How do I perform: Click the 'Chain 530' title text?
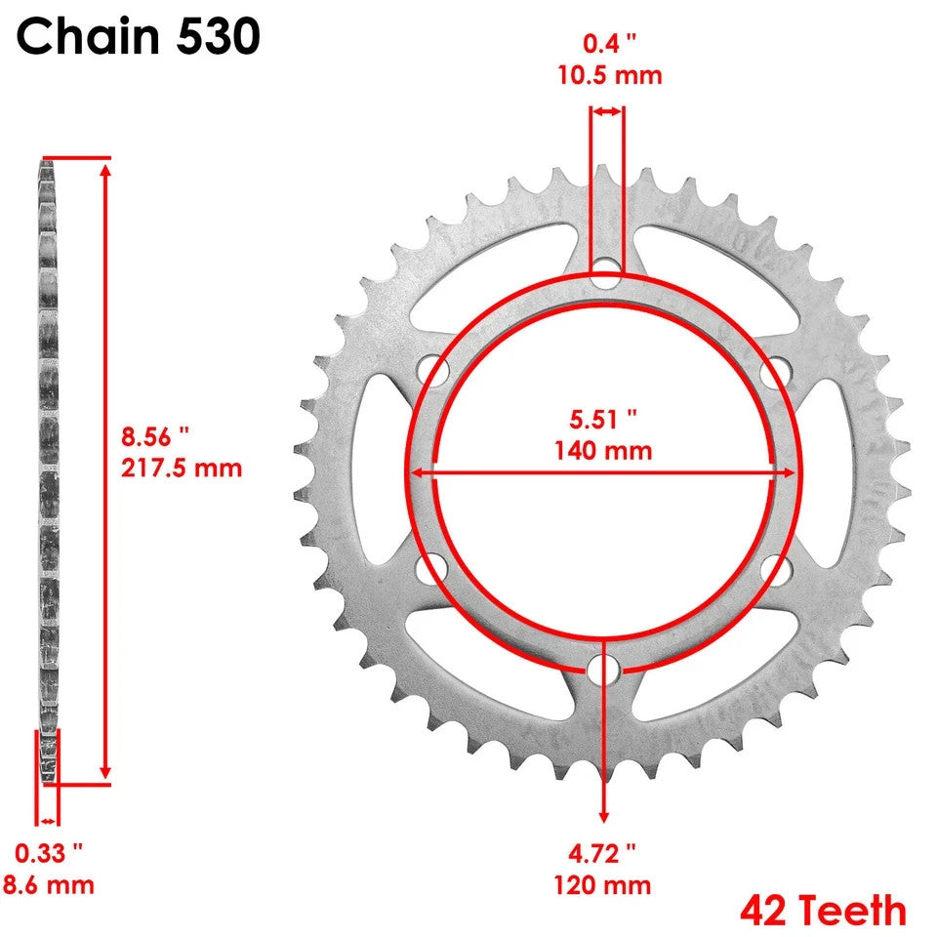[x=138, y=37]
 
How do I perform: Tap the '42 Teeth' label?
[x=823, y=911]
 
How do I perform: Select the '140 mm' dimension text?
[x=604, y=451]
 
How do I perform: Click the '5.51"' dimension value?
[x=604, y=419]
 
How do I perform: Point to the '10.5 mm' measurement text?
[x=608, y=75]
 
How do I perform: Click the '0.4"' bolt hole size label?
[x=608, y=43]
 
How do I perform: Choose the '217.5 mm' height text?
[x=182, y=468]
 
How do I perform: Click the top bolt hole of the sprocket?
[x=606, y=270]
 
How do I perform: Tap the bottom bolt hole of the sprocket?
[x=605, y=671]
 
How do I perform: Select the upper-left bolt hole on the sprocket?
[x=433, y=370]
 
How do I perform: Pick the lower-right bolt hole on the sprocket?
[x=777, y=569]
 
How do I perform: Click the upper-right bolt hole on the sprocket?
[x=777, y=370]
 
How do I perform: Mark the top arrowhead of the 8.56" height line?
[x=105, y=169]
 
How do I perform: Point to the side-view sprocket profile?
[x=48, y=468]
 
